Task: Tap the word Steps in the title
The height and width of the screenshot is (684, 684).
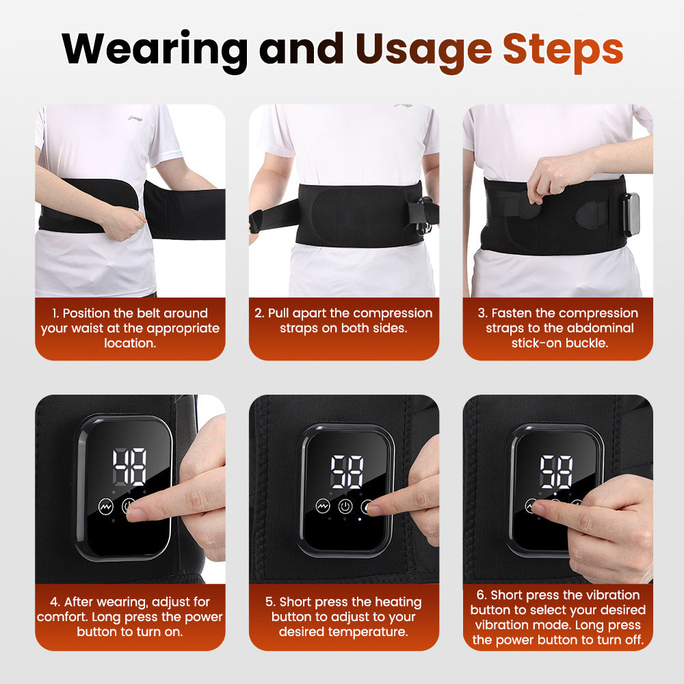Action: click(x=562, y=48)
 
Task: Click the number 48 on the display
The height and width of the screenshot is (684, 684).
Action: click(x=129, y=466)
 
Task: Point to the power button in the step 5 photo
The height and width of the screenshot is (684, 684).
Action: click(x=345, y=508)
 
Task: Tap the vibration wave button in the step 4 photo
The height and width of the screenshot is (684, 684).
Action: click(x=105, y=508)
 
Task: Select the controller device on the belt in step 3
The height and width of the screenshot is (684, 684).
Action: click(x=631, y=214)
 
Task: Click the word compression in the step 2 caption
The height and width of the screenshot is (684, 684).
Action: click(x=393, y=313)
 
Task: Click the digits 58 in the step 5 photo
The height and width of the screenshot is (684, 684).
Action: click(x=347, y=472)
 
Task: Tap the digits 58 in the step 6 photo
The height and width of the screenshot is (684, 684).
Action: click(x=555, y=471)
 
